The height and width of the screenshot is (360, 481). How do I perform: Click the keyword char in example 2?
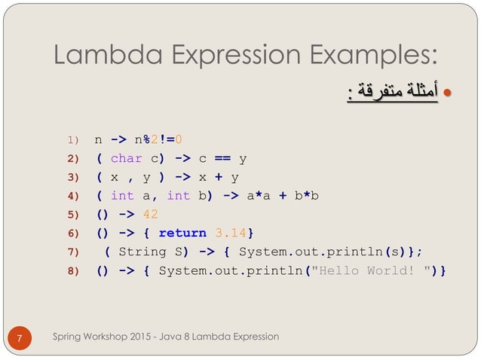[x=126, y=158]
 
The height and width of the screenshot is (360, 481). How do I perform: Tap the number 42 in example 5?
[x=150, y=214]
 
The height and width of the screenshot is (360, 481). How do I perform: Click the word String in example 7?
[x=142, y=252]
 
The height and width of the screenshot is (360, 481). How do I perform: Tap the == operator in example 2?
[x=222, y=158]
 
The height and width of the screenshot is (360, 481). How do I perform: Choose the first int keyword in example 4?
[x=121, y=196]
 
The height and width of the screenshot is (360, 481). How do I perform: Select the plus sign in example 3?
[x=215, y=177]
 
